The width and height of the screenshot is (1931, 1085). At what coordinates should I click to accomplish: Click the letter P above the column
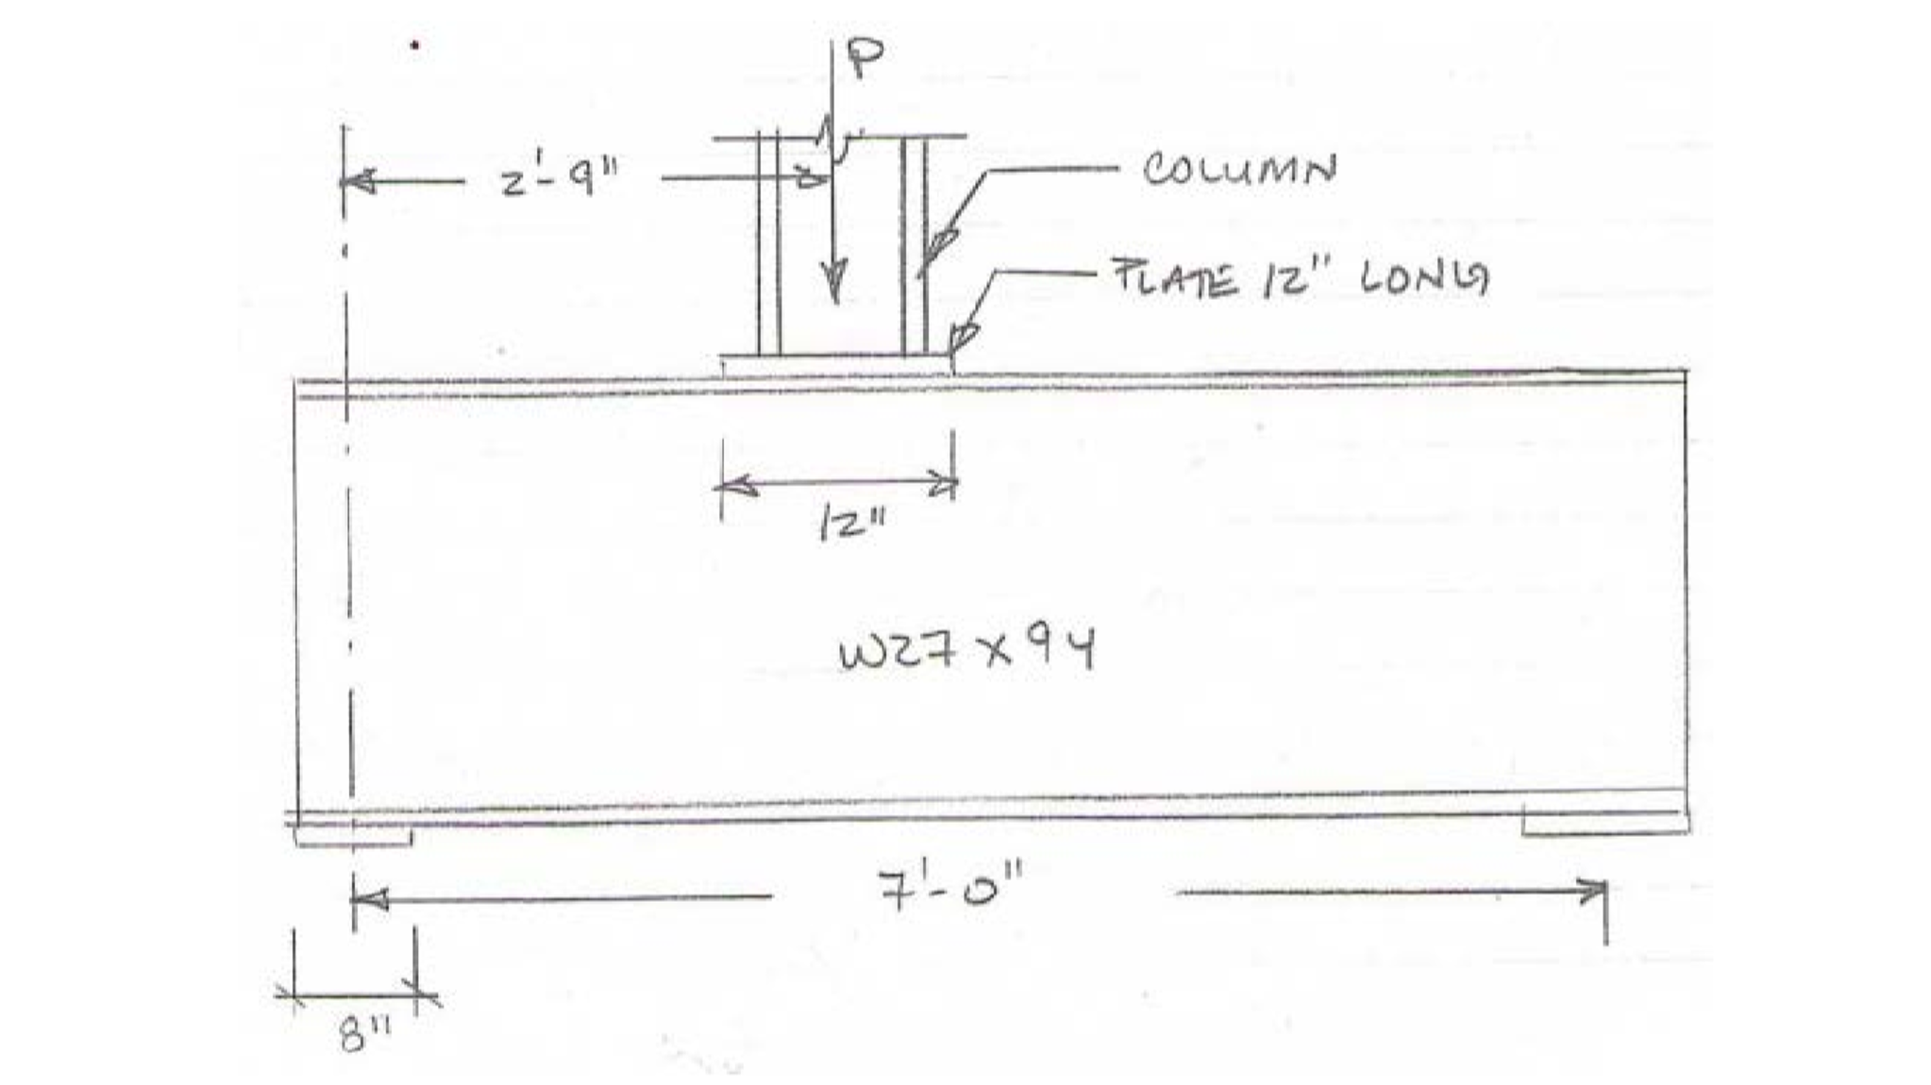pyautogui.click(x=864, y=58)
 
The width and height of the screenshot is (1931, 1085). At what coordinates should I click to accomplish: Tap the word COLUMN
pyautogui.click(x=1239, y=170)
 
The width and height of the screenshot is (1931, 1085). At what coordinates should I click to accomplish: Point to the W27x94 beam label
pyautogui.click(x=966, y=651)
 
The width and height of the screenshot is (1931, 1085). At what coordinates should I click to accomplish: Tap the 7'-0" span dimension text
pyautogui.click(x=949, y=890)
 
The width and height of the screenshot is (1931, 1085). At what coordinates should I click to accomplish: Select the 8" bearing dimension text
pyautogui.click(x=359, y=1035)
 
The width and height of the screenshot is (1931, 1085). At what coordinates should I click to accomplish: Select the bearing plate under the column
pyautogui.click(x=835, y=365)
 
